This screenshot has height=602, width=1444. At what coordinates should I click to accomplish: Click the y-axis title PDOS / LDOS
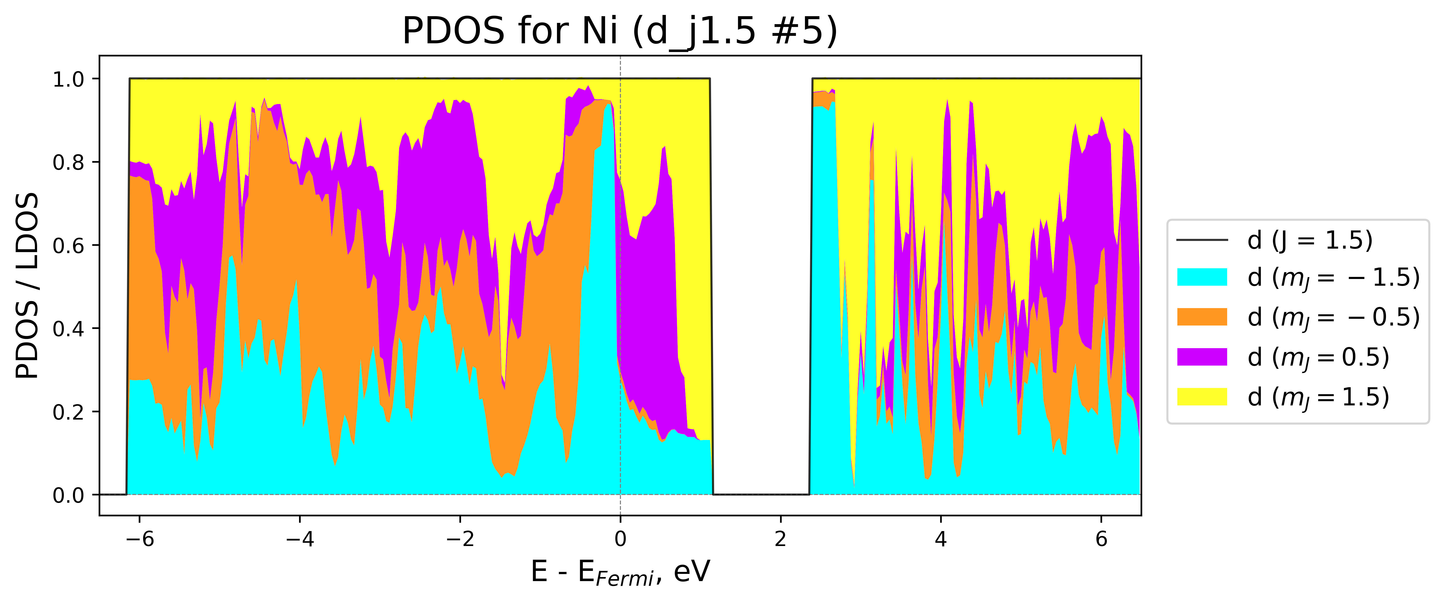coord(27,286)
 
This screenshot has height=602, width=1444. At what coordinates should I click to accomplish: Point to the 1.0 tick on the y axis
coord(68,79)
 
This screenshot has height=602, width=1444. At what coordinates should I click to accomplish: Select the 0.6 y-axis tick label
coord(68,246)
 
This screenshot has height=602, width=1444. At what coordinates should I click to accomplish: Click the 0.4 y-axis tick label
coord(68,328)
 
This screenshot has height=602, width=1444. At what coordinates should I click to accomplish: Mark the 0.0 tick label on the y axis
coord(68,495)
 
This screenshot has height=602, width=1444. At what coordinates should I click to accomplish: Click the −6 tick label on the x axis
coord(139,539)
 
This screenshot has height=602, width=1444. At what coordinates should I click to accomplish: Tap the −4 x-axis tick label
coord(299,539)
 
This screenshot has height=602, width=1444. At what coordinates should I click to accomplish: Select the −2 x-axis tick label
coord(460,539)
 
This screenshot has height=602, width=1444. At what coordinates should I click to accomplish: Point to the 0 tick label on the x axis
coord(620,539)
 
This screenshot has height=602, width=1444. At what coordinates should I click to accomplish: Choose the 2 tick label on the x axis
coord(780,539)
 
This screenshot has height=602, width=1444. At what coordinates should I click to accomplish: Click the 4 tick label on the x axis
coord(941,539)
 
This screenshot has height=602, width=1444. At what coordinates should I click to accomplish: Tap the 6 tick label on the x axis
coord(1101,539)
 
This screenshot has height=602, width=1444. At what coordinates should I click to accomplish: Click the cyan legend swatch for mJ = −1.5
coord(1202,277)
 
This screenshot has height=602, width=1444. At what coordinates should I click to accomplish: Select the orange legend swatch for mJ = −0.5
coord(1202,317)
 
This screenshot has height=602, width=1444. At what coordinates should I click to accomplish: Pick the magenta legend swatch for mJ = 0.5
coord(1202,356)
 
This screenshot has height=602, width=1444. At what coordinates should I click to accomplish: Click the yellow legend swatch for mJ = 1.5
coord(1202,396)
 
